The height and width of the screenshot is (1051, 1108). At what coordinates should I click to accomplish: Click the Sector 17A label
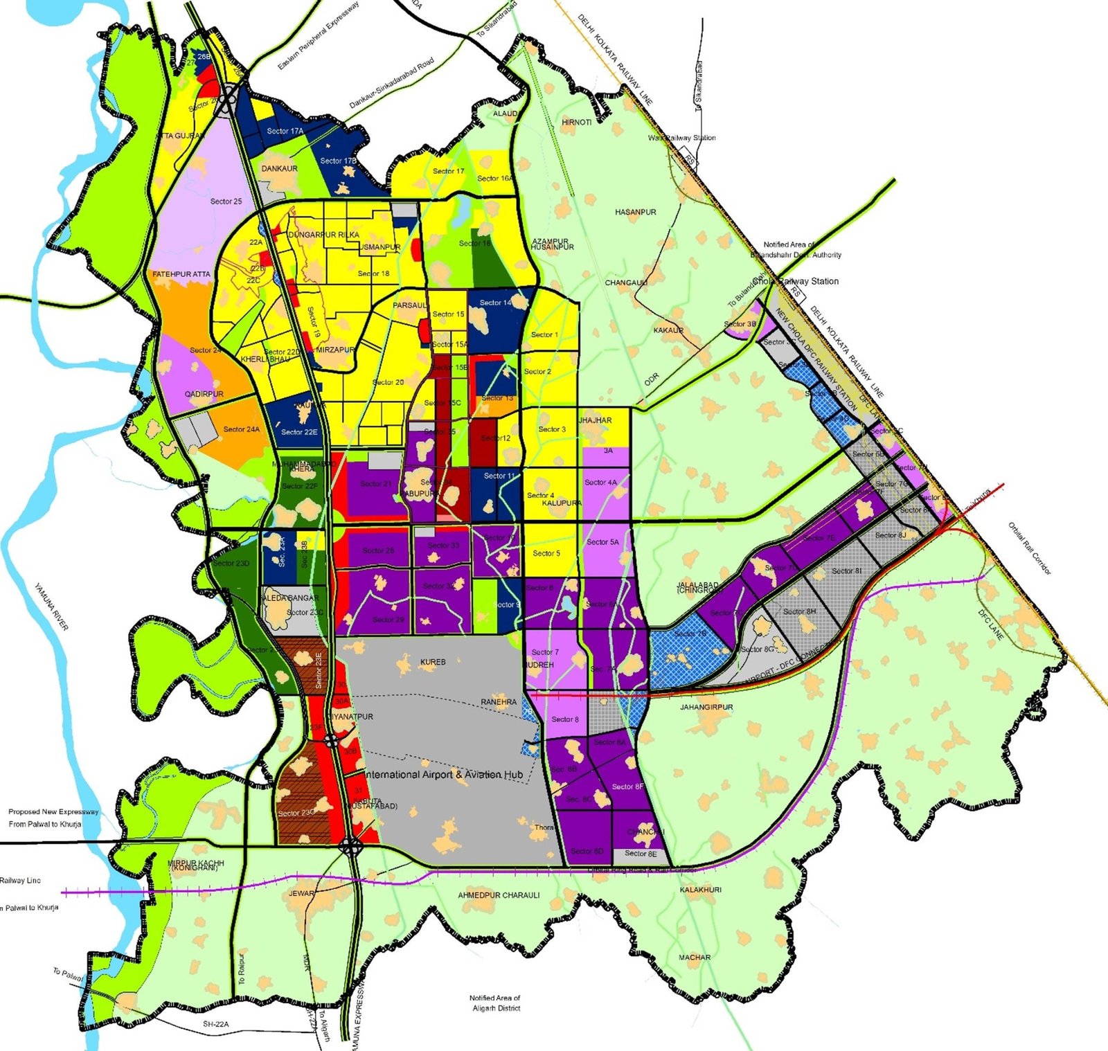[285, 131]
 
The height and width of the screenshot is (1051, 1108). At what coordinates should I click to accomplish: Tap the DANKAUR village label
[280, 168]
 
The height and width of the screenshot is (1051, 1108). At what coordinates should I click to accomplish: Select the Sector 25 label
[226, 201]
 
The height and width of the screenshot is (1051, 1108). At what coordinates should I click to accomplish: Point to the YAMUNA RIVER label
[52, 607]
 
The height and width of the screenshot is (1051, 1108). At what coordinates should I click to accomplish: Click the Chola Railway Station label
[796, 281]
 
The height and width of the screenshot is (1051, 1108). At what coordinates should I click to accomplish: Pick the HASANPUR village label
[636, 212]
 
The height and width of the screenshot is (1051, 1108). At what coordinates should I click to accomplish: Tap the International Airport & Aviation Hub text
[444, 774]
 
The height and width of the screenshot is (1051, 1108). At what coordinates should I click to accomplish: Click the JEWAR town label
[302, 893]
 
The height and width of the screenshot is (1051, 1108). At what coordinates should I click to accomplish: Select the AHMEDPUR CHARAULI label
[499, 895]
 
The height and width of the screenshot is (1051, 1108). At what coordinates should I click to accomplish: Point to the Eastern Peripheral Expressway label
[319, 36]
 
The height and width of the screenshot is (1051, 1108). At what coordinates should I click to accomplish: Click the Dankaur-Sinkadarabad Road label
[391, 83]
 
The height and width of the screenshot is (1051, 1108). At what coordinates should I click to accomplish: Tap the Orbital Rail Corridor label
[1030, 548]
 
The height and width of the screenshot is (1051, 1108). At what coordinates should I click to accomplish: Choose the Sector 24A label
[242, 429]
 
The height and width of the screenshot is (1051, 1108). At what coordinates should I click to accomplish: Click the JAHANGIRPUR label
[706, 707]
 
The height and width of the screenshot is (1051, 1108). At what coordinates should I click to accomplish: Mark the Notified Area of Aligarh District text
[495, 1003]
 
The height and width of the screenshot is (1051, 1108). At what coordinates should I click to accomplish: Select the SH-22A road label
[215, 1024]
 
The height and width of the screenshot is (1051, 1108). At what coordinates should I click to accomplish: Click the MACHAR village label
[695, 957]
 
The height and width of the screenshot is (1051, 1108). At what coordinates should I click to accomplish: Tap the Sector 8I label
[846, 571]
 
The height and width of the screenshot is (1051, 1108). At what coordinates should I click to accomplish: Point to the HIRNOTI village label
[576, 122]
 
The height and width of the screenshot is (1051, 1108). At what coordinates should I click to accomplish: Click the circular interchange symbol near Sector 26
[229, 94]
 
